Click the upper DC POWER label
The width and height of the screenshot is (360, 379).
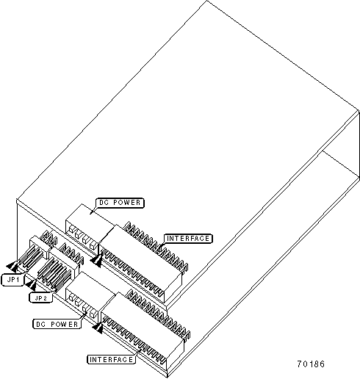120,203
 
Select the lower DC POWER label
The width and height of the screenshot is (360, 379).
57,324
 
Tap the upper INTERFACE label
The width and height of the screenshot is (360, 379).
188,239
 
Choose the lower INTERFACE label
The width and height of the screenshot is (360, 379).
111,360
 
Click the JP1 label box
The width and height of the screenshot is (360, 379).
13,280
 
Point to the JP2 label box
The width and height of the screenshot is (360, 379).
41,298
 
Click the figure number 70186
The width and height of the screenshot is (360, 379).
311,364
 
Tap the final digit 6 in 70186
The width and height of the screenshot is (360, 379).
322,364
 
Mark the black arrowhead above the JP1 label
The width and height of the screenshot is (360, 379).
12,267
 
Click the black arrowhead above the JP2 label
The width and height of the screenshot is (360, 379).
31,285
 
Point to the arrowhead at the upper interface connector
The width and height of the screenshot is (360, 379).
96,261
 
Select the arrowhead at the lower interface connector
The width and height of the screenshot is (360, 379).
98,328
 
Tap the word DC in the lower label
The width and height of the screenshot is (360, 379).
40,324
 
